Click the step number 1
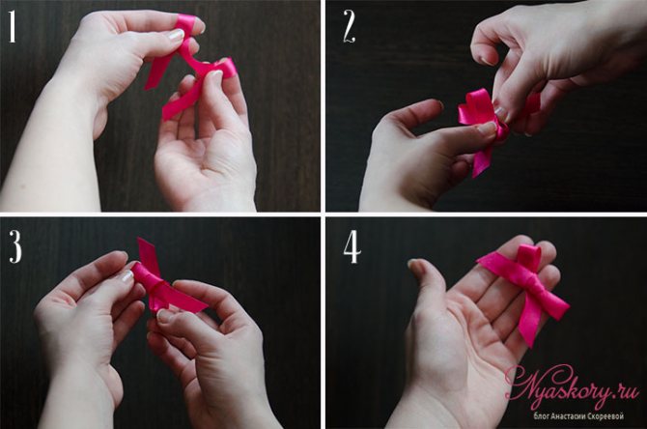[13, 27]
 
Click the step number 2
[349, 26]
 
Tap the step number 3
[14, 247]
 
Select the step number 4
[352, 248]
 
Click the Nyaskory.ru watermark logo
[572, 386]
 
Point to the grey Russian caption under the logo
[578, 416]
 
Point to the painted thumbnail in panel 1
[176, 35]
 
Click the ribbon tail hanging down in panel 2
[482, 161]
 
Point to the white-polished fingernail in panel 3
[127, 276]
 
